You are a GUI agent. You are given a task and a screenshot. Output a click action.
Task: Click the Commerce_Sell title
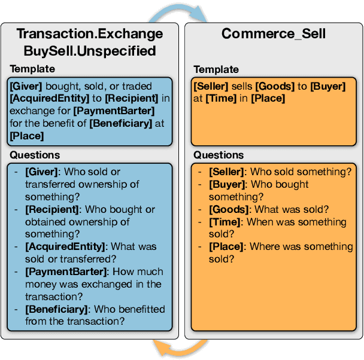(273, 33)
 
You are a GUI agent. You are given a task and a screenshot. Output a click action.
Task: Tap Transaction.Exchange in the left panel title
(89, 33)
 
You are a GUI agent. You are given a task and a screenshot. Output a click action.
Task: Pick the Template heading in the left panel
(32, 69)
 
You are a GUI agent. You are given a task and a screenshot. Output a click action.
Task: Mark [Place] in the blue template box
(27, 136)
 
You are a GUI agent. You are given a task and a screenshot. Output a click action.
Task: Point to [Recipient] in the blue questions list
(53, 210)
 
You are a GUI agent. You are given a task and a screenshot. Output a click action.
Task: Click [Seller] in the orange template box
(210, 86)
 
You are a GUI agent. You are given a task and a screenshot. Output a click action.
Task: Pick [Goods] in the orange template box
(273, 86)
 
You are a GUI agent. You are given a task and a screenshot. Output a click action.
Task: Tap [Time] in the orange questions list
(223, 222)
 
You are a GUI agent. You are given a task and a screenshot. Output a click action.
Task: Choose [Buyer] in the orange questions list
(227, 185)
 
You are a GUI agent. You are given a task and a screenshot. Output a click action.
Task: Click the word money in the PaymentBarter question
(39, 284)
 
